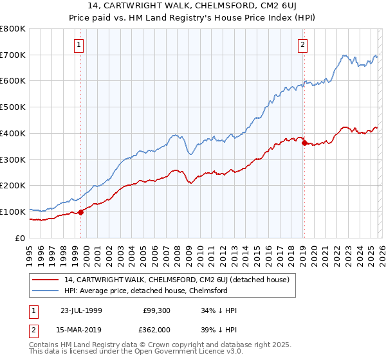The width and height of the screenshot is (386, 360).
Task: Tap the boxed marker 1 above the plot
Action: pyautogui.click(x=78, y=44)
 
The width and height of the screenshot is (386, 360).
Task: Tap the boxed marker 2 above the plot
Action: pyautogui.click(x=302, y=44)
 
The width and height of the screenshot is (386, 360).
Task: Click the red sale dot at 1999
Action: pyautogui.click(x=81, y=212)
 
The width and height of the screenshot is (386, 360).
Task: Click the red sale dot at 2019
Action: pyautogui.click(x=304, y=143)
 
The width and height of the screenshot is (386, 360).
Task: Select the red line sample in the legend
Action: pyautogui.click(x=46, y=280)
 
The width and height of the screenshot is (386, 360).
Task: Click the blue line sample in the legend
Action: pyautogui.click(x=46, y=291)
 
